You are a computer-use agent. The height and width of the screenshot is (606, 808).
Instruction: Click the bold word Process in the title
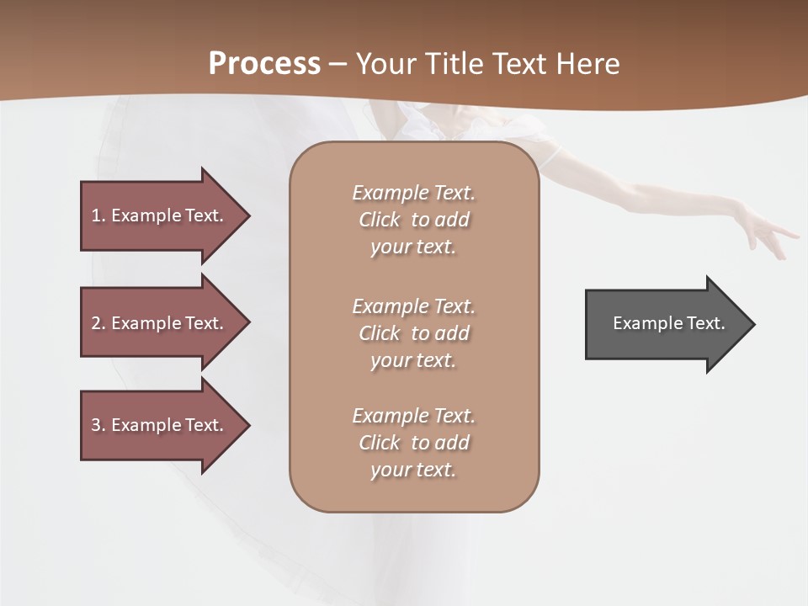(x=264, y=64)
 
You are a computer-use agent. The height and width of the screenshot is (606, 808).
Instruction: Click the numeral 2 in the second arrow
(x=95, y=323)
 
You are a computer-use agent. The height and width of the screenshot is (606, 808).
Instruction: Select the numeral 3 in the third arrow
(x=95, y=425)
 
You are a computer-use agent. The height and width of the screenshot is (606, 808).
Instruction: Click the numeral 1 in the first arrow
(x=95, y=215)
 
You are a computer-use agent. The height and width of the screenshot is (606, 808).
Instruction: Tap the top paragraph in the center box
(x=413, y=220)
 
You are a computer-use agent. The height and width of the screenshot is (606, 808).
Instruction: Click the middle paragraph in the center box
(x=413, y=333)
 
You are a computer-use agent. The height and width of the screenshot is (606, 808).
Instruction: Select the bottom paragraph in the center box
(x=413, y=443)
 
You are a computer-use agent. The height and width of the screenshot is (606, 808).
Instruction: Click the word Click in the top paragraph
(x=380, y=220)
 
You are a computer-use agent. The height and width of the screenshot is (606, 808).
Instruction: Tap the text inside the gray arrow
(x=668, y=323)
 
